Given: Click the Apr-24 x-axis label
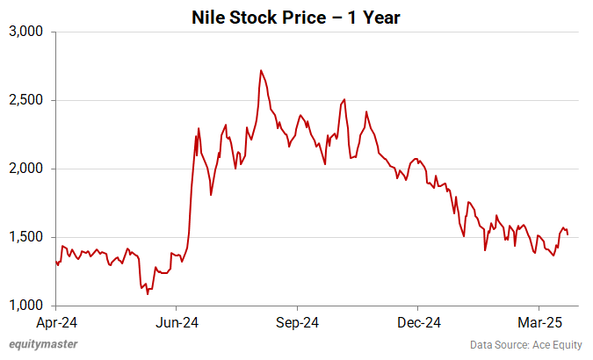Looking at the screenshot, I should pyautogui.click(x=55, y=321).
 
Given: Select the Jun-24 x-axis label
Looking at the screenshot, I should pyautogui.click(x=177, y=321).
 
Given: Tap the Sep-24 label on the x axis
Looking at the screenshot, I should pyautogui.click(x=297, y=321).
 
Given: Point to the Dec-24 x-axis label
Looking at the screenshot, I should pyautogui.click(x=418, y=321).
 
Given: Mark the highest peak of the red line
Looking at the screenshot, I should pyautogui.click(x=261, y=70).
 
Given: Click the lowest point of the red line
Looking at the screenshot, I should pyautogui.click(x=147, y=293).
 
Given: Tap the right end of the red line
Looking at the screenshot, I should pyautogui.click(x=568, y=234).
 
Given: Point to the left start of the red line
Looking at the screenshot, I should pyautogui.click(x=55, y=261).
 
